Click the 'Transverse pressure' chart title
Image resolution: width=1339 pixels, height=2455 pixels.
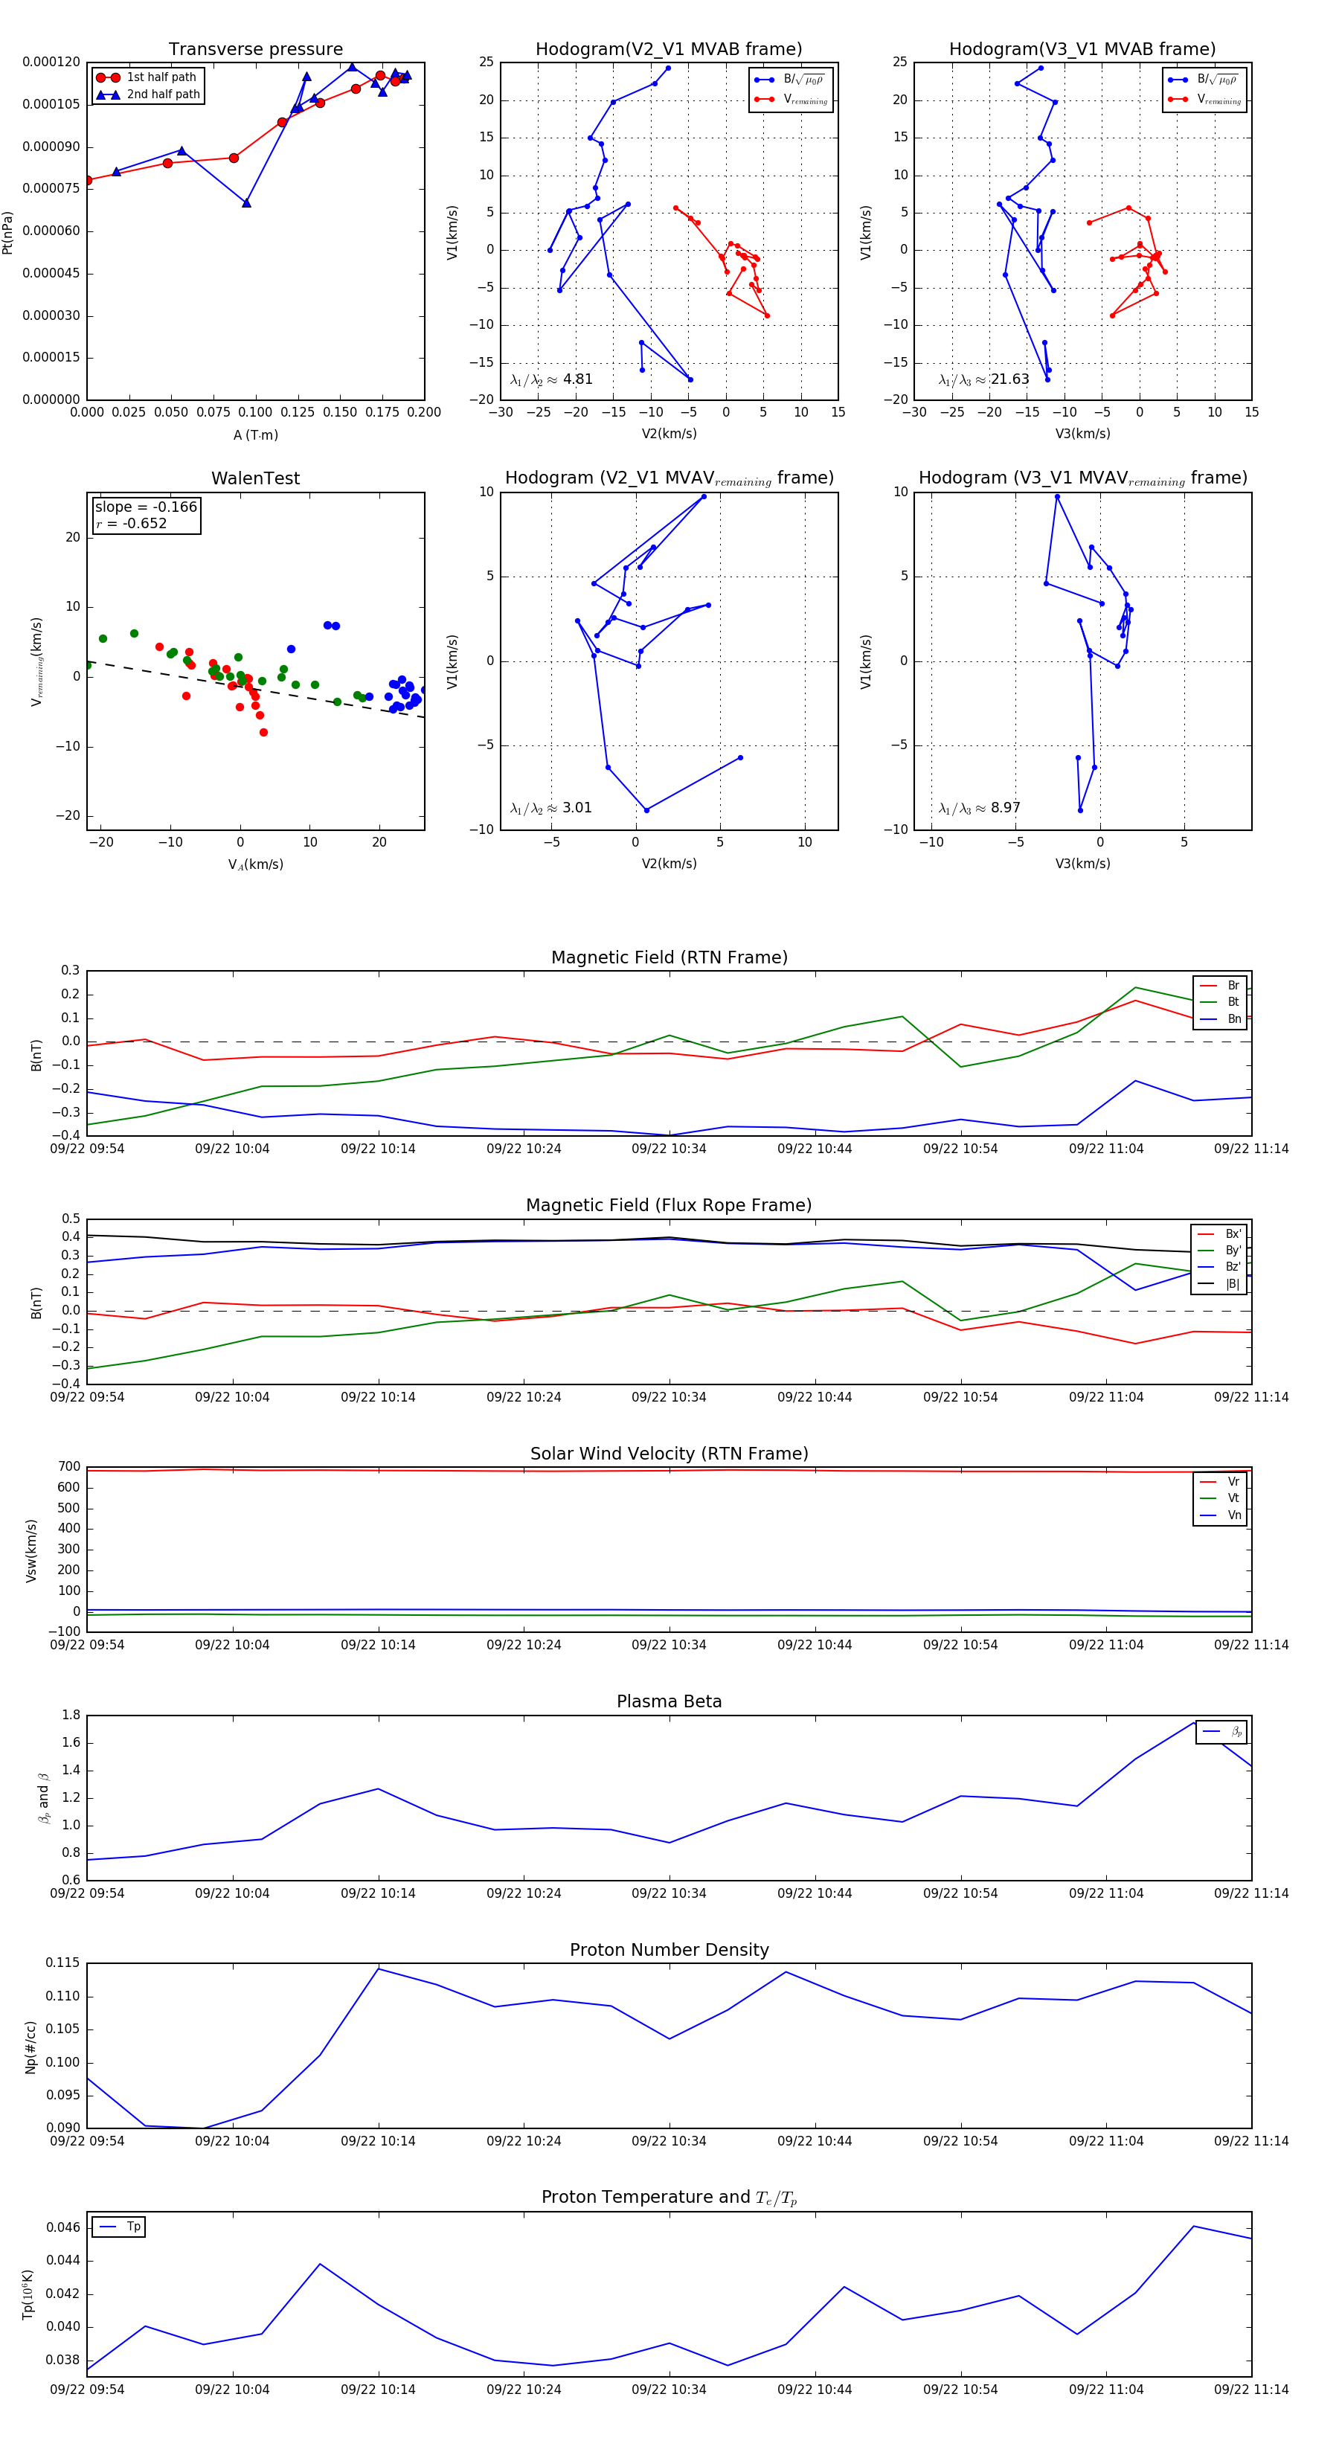pos(255,50)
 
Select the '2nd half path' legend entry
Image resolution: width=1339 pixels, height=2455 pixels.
pos(163,94)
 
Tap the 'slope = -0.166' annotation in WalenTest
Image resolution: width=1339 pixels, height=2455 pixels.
pos(146,507)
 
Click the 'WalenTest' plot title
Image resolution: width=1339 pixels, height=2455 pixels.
pos(255,478)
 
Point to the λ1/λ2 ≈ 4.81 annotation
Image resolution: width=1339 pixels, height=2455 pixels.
pos(550,379)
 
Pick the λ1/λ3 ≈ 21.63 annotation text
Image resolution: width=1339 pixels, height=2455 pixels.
pos(983,379)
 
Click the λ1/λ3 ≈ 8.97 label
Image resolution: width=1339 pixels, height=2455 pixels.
pos(979,808)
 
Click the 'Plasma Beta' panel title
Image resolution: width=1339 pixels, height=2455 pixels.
pos(669,1701)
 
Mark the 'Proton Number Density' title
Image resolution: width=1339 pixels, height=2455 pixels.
pos(669,1950)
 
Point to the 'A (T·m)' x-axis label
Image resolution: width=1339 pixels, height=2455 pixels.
pos(255,435)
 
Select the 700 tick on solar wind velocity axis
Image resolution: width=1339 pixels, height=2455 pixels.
pos(68,1467)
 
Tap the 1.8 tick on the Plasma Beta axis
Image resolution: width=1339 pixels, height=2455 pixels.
pos(71,1715)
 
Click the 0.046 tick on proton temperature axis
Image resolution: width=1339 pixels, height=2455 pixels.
pos(63,2227)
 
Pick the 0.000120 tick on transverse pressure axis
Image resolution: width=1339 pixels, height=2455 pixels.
pos(51,62)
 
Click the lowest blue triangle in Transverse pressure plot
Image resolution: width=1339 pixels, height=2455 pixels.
pos(247,203)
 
